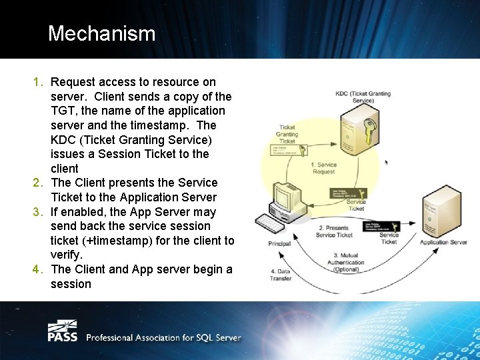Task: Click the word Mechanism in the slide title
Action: click(101, 33)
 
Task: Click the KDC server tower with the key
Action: click(357, 130)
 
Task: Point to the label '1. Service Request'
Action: click(324, 168)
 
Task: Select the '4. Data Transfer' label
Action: click(281, 275)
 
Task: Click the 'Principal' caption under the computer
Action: click(279, 243)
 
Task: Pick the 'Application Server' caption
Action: click(443, 242)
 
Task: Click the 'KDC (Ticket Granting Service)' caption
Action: click(363, 97)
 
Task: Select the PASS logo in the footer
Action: click(62, 331)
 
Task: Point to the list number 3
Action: click(37, 212)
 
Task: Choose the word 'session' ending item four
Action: click(71, 284)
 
